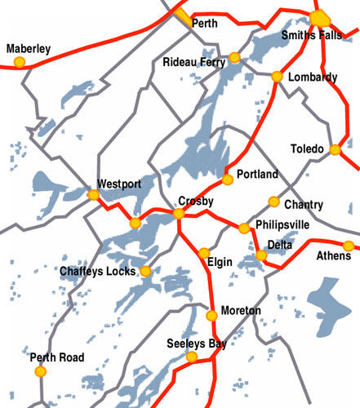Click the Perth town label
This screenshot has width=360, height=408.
(204, 24)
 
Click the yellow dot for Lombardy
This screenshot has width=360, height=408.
(277, 77)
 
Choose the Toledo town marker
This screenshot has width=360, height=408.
(334, 149)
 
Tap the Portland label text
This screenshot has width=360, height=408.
(257, 175)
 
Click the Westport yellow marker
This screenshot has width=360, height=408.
(93, 195)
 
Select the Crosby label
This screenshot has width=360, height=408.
(196, 201)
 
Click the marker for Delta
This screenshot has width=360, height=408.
(261, 256)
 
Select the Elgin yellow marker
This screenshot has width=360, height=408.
(204, 253)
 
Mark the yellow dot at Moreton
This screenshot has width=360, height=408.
(212, 315)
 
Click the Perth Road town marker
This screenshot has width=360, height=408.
(40, 372)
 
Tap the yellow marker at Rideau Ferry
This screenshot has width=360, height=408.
(234, 57)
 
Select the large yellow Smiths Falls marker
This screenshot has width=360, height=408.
(318, 19)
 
